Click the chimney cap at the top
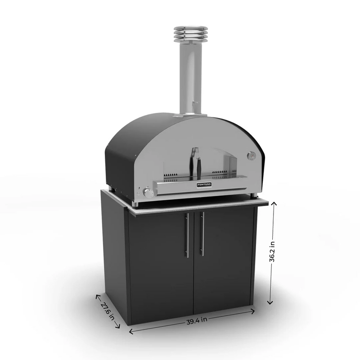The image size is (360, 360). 191,34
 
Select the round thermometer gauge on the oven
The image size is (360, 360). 251,156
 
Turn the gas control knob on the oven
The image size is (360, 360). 148,193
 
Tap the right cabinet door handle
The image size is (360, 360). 202,234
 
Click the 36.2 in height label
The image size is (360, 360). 272,253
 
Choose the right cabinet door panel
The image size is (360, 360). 223,261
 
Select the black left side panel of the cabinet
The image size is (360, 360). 115,256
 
